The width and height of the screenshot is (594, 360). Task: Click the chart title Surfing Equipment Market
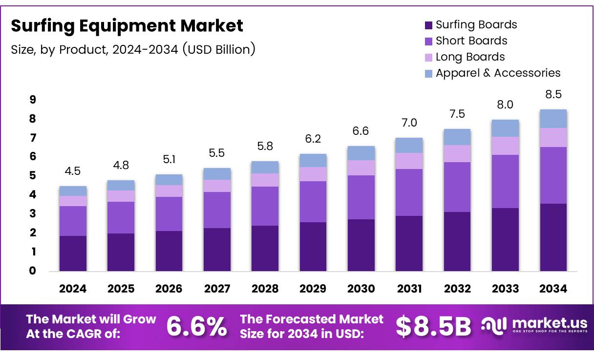tap(127, 25)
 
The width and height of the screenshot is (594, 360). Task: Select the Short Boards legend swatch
tap(428, 42)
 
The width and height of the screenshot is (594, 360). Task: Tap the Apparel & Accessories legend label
tap(498, 73)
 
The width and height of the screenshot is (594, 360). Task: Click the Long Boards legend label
tap(470, 57)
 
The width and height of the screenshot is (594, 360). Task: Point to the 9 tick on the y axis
tap(33, 100)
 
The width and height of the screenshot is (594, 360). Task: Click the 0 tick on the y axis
tap(33, 271)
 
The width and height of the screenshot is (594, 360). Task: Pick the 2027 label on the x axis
tap(217, 289)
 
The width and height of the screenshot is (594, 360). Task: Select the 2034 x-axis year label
tap(553, 289)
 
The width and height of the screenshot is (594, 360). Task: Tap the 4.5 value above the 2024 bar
tap(73, 171)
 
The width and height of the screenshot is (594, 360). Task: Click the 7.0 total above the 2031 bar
tap(409, 123)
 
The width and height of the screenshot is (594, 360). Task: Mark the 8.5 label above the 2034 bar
tap(553, 94)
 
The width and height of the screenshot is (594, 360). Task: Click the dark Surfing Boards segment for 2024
tap(73, 253)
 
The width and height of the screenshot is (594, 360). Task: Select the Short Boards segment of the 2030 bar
tap(361, 197)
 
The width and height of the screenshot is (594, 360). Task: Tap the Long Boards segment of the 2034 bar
tap(553, 137)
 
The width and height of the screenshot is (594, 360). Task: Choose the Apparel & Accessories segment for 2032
tap(457, 137)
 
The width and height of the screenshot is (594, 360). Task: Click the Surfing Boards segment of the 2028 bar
tap(265, 248)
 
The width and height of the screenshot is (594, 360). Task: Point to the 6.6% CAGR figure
tap(196, 326)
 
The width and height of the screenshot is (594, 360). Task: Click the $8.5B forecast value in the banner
tap(433, 326)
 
